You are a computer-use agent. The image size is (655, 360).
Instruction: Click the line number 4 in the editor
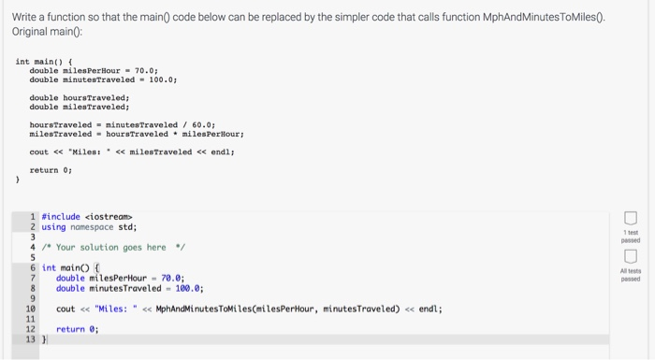coord(33,247)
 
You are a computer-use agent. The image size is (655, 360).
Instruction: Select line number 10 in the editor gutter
coord(31,309)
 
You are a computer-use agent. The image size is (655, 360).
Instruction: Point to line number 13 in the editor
coord(31,339)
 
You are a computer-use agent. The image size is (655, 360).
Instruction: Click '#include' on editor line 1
coord(61,216)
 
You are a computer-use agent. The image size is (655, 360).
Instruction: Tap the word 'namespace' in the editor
coord(90,226)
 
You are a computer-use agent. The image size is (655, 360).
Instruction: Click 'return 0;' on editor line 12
coord(77,329)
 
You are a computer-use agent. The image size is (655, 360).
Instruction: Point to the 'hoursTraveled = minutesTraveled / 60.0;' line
coord(123,123)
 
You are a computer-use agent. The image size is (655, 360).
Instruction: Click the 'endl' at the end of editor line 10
coord(430,309)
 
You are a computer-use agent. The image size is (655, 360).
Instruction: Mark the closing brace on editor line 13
coord(44,339)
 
